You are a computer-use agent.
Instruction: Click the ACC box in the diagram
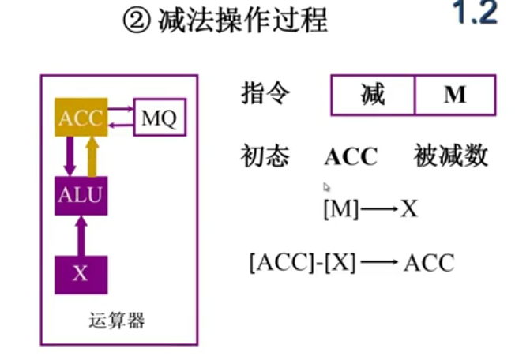coord(81,118)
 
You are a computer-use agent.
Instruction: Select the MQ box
coord(160,119)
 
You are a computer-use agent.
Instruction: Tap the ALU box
coord(81,194)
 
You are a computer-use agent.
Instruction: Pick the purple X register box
coord(81,274)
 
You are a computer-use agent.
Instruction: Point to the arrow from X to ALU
coord(81,235)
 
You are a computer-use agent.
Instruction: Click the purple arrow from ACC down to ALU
coord(70,156)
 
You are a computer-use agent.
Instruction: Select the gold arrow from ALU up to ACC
coord(92,156)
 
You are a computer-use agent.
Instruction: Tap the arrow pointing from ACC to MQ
coord(120,111)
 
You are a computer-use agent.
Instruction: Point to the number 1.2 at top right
coord(474,14)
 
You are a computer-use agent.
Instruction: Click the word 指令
coord(265,94)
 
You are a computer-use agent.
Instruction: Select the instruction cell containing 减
coord(373,96)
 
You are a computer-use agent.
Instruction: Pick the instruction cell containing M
coord(454,96)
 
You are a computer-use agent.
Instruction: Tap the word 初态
coord(265,156)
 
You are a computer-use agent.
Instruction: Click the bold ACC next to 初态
coord(351,156)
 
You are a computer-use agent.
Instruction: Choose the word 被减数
coord(450,156)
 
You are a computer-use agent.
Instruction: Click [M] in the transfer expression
coord(341,210)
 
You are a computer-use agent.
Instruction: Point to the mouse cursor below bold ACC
coord(326,187)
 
